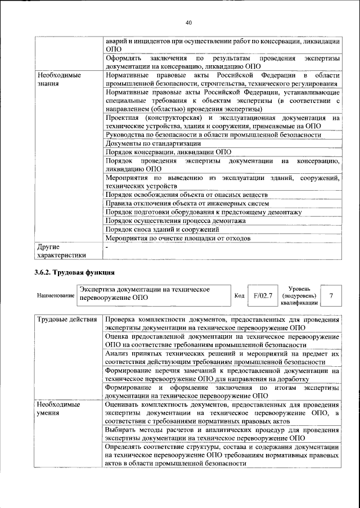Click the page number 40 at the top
pos(188,23)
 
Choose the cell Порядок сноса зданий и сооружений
pos(162,230)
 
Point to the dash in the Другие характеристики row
pos(107,247)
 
